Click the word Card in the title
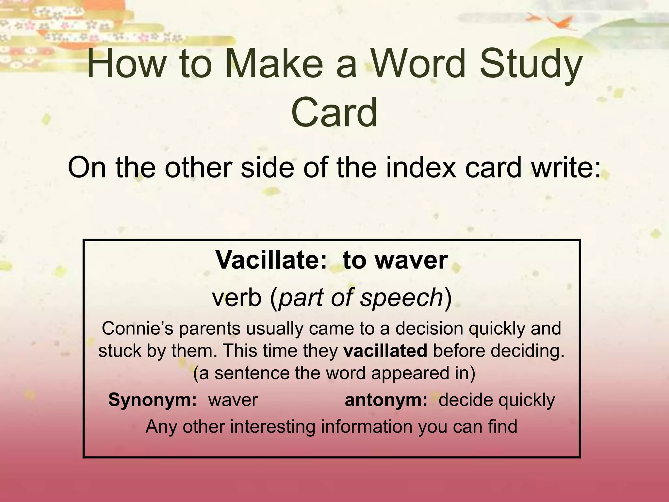[x=334, y=113]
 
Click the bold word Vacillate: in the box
[x=271, y=260]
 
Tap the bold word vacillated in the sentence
[x=385, y=351]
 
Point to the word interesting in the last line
[x=273, y=427]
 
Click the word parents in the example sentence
[x=209, y=328]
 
